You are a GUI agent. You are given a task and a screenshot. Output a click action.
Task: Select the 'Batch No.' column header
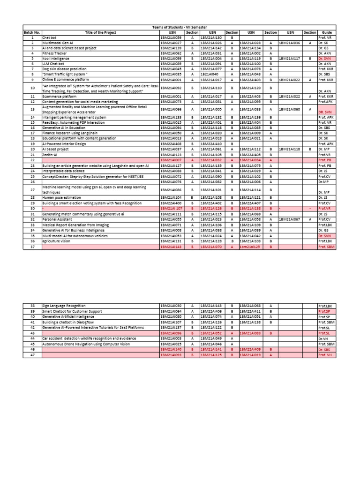click(32, 32)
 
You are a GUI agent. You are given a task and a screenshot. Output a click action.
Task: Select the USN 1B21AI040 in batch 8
click(210, 74)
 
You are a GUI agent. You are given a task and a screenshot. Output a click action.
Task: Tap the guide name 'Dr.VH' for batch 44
click(322, 338)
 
